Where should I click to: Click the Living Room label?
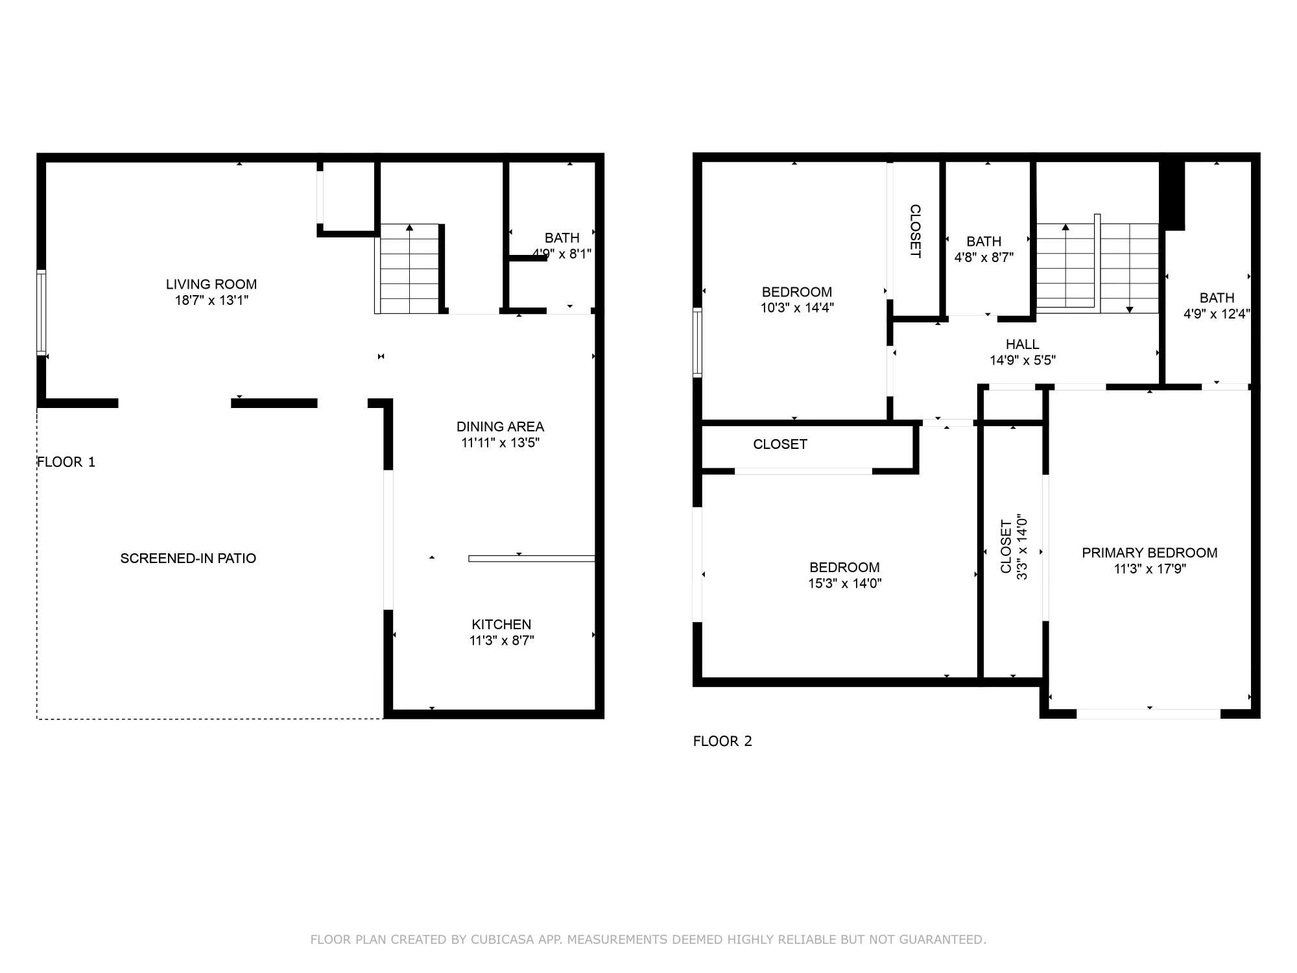211,284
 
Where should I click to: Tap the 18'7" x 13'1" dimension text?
211,300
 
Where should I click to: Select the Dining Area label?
500,427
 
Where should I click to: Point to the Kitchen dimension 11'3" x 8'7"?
501,641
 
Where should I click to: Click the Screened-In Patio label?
188,559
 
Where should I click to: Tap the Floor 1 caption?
66,462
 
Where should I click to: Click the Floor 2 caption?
722,741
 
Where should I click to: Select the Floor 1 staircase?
409,269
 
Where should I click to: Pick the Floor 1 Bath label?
562,238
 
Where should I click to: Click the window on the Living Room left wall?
42,313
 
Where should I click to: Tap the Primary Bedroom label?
1149,553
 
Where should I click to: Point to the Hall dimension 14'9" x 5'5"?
1023,361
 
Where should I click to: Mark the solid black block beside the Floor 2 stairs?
1172,195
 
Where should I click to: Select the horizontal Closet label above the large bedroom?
779,444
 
